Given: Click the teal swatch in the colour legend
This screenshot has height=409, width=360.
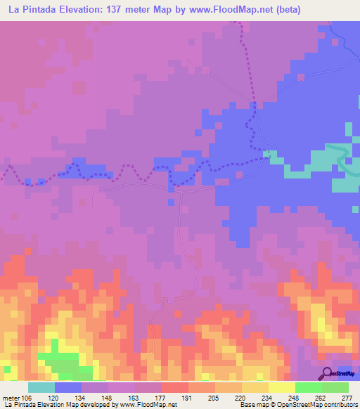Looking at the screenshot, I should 41,388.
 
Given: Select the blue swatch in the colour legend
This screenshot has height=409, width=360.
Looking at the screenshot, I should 67,388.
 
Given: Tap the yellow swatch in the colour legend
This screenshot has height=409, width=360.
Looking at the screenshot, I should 281,388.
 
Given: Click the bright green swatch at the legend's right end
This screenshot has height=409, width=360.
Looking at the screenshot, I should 335,388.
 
